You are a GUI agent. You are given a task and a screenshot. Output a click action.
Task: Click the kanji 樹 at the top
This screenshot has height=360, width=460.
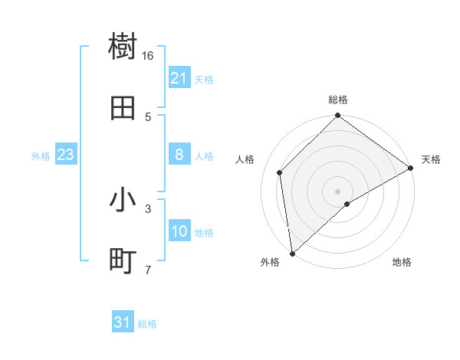point(123,47)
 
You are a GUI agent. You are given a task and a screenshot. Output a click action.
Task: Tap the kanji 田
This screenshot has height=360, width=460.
point(123,109)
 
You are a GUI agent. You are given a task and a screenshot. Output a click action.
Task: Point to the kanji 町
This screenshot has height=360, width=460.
point(123,262)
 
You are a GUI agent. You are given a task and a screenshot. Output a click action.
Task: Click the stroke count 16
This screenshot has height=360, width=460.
point(148,55)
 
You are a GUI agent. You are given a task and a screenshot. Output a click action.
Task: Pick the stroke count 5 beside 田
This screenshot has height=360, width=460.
point(148,116)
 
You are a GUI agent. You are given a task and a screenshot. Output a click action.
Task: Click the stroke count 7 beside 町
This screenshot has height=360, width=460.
point(148,270)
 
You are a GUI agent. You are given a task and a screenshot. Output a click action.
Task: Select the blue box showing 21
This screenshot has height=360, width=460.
point(179,78)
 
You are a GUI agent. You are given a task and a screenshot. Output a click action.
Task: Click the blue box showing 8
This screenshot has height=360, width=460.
point(179,155)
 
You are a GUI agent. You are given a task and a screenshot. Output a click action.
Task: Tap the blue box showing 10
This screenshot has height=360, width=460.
point(179,231)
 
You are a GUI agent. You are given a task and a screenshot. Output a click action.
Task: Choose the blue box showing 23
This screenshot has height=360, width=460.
point(65,155)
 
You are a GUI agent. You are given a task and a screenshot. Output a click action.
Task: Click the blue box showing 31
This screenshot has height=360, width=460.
point(123,323)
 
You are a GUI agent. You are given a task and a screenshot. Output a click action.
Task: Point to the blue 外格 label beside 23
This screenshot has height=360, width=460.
point(41,155)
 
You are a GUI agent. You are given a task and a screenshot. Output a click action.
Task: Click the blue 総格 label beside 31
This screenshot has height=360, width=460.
point(147,324)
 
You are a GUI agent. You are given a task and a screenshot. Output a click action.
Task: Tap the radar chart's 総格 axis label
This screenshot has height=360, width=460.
point(338,100)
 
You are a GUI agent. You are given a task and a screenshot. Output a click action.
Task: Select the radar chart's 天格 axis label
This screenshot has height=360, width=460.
point(431,159)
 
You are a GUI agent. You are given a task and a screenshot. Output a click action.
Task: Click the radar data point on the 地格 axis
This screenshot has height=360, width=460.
point(347,204)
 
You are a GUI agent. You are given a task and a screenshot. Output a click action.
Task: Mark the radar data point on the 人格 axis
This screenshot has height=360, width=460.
point(280,172)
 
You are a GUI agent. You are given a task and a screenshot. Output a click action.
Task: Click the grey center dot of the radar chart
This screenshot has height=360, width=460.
point(337,191)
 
